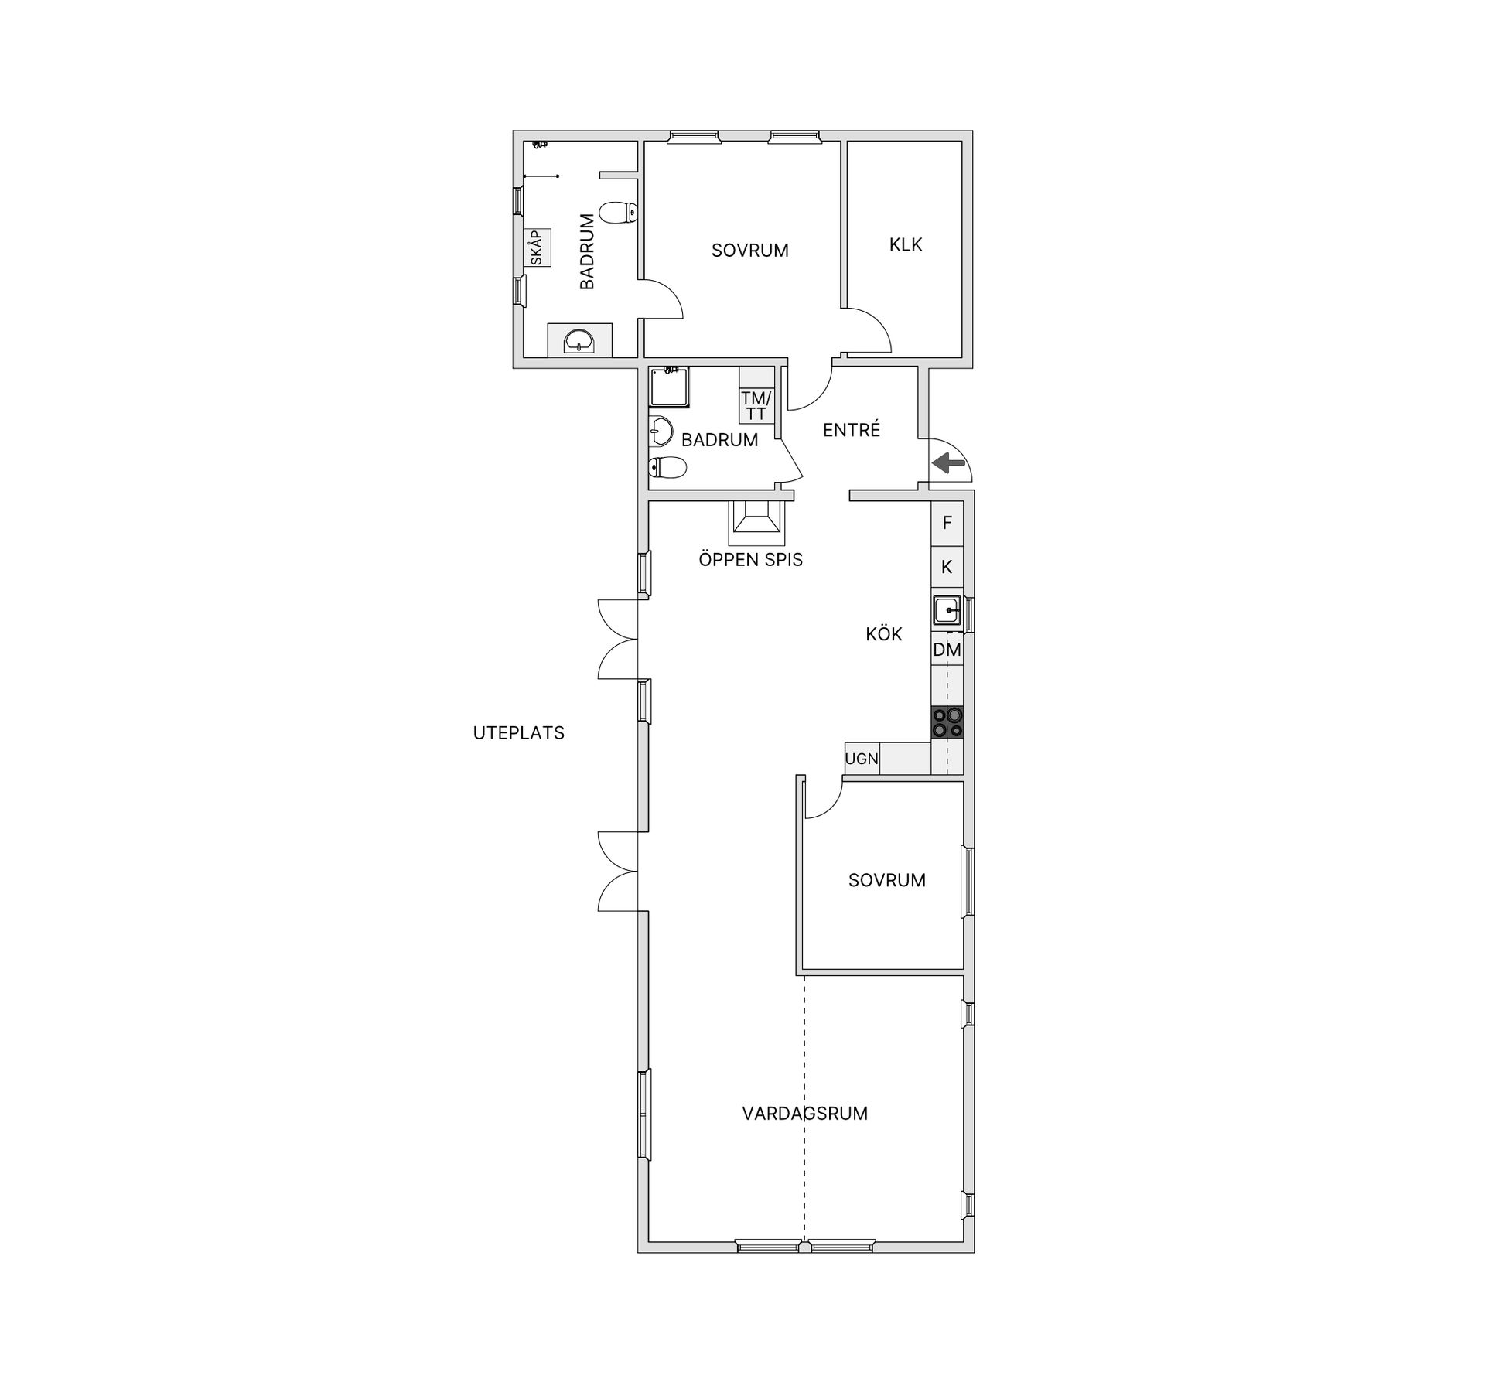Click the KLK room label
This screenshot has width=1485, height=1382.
pyautogui.click(x=906, y=245)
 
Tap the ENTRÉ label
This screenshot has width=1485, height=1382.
pyautogui.click(x=851, y=431)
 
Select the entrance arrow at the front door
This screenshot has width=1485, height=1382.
pyautogui.click(x=949, y=464)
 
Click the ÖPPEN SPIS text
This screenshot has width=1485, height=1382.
pyautogui.click(x=750, y=560)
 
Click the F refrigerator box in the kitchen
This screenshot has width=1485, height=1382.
pyautogui.click(x=947, y=524)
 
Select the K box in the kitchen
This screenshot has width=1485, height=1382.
pyautogui.click(x=947, y=568)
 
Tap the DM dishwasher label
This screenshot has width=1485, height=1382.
pyautogui.click(x=947, y=650)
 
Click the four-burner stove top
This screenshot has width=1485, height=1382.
pyautogui.click(x=947, y=722)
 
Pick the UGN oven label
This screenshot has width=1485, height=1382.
pyautogui.click(x=862, y=759)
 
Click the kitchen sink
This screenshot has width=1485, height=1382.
pyautogui.click(x=946, y=610)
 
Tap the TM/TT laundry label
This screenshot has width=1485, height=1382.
pyautogui.click(x=756, y=406)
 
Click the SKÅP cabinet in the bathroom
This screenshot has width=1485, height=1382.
pyautogui.click(x=537, y=247)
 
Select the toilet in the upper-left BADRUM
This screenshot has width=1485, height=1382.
pyautogui.click(x=618, y=212)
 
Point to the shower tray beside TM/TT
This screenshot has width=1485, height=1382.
pyautogui.click(x=668, y=387)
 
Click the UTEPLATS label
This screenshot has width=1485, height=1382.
pyautogui.click(x=518, y=733)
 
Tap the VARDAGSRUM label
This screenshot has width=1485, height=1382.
pyautogui.click(x=804, y=1114)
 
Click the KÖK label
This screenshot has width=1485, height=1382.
pyautogui.click(x=884, y=635)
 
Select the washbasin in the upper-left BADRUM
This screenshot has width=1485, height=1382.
pyautogui.click(x=579, y=340)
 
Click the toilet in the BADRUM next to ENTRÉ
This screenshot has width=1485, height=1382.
pyautogui.click(x=667, y=467)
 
